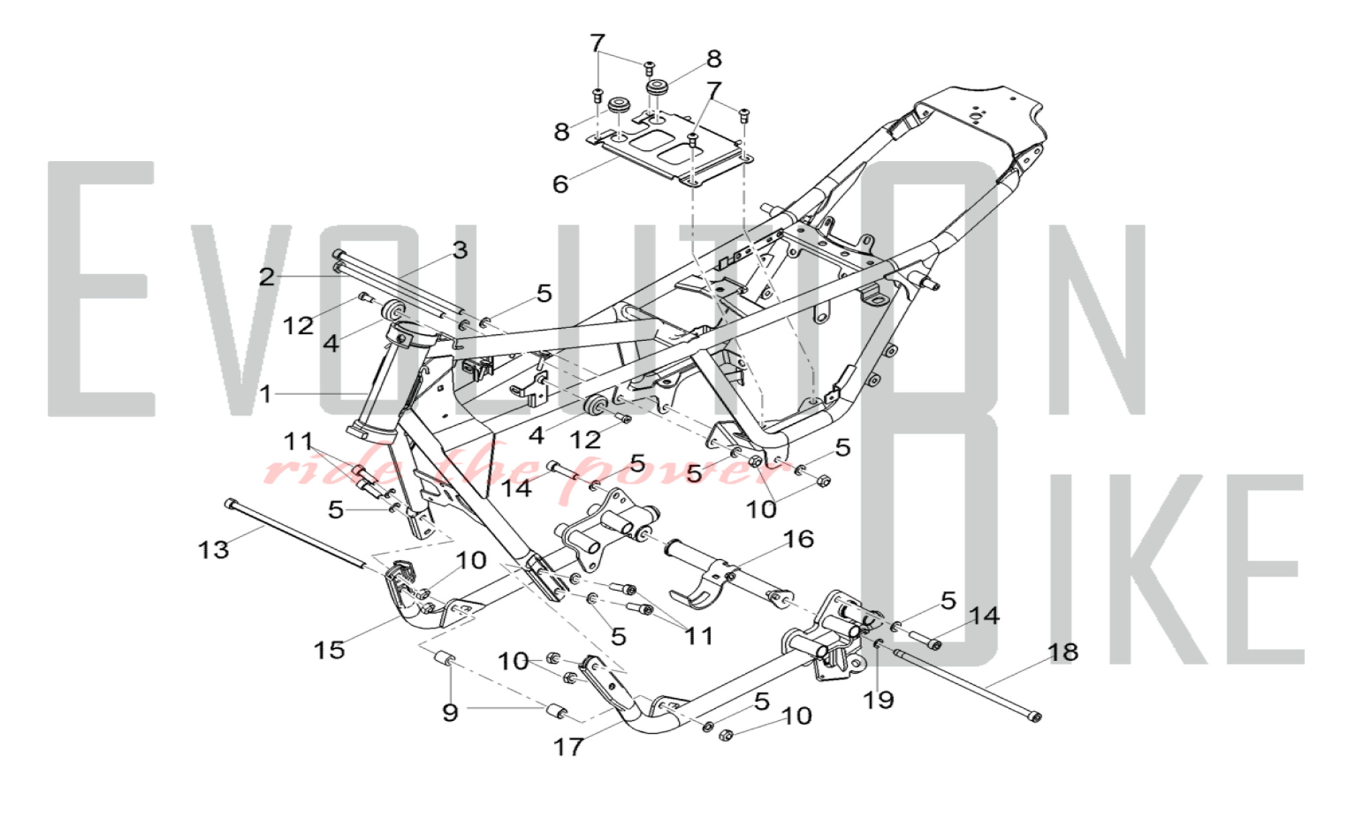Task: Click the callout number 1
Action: coord(266,393)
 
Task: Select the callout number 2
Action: coord(267,276)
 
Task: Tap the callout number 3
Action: coord(460,251)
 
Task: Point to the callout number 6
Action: coord(560,184)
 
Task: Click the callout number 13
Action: coord(213,549)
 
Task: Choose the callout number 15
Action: coord(329,650)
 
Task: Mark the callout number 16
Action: coord(799,539)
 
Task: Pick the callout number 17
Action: coord(568,747)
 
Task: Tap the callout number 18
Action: coord(1063,652)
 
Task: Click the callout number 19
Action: coord(878,700)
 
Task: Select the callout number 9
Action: coord(450,712)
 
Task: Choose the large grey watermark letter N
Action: coord(1095,317)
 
